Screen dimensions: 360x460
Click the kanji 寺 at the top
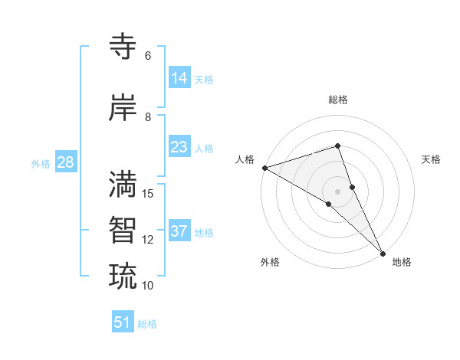pos(123,46)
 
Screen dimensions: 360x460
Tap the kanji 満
pos(123,184)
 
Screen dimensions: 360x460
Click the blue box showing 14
pos(179,78)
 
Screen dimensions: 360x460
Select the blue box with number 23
pos(179,147)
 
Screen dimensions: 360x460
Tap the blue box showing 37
pos(179,231)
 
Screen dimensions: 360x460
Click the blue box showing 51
pos(123,322)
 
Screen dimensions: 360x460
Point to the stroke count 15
pos(149,193)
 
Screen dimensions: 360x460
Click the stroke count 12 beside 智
pos(148,240)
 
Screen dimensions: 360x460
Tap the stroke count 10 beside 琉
pos(148,286)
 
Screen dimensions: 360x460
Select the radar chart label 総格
pos(338,100)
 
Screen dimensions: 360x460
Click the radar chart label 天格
pos(431,159)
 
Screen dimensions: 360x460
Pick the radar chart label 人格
pos(245,159)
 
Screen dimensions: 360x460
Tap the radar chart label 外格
pos(270,263)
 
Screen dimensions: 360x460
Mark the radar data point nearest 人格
pos(264,168)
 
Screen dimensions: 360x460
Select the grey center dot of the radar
pos(337,191)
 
